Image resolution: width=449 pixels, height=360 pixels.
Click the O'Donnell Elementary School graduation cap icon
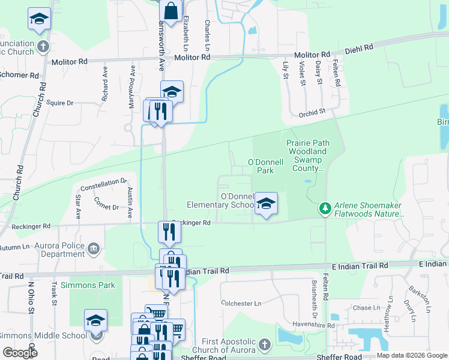click(x=266, y=204)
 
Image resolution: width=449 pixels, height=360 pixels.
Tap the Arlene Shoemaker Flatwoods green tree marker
click(x=325, y=208)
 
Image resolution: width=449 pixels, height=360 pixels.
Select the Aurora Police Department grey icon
click(x=94, y=248)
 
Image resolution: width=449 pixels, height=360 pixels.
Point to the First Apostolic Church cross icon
click(x=265, y=345)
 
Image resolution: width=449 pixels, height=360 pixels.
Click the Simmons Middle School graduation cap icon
click(x=95, y=321)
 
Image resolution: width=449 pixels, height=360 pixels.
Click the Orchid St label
click(x=312, y=112)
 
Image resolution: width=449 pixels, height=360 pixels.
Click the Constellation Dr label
click(x=104, y=183)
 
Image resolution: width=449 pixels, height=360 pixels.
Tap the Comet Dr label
click(x=106, y=206)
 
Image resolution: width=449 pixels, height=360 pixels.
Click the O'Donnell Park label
click(x=261, y=166)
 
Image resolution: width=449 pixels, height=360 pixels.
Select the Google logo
click(x=20, y=353)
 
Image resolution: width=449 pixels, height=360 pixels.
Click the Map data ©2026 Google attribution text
click(x=412, y=355)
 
